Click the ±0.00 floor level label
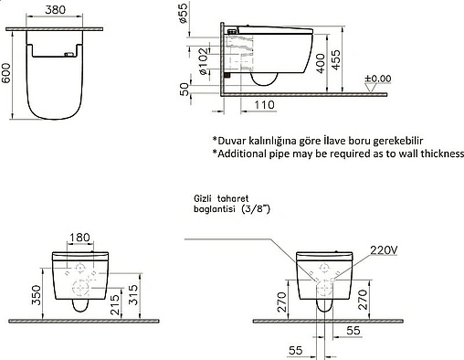tap(377, 79)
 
